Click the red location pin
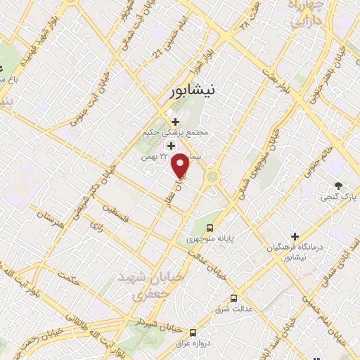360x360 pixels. (181, 165)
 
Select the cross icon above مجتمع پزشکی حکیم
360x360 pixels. (175, 122)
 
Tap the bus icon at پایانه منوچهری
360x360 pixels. (210, 227)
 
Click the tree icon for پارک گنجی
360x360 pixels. (340, 186)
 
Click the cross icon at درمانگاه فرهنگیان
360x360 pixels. (295, 236)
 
